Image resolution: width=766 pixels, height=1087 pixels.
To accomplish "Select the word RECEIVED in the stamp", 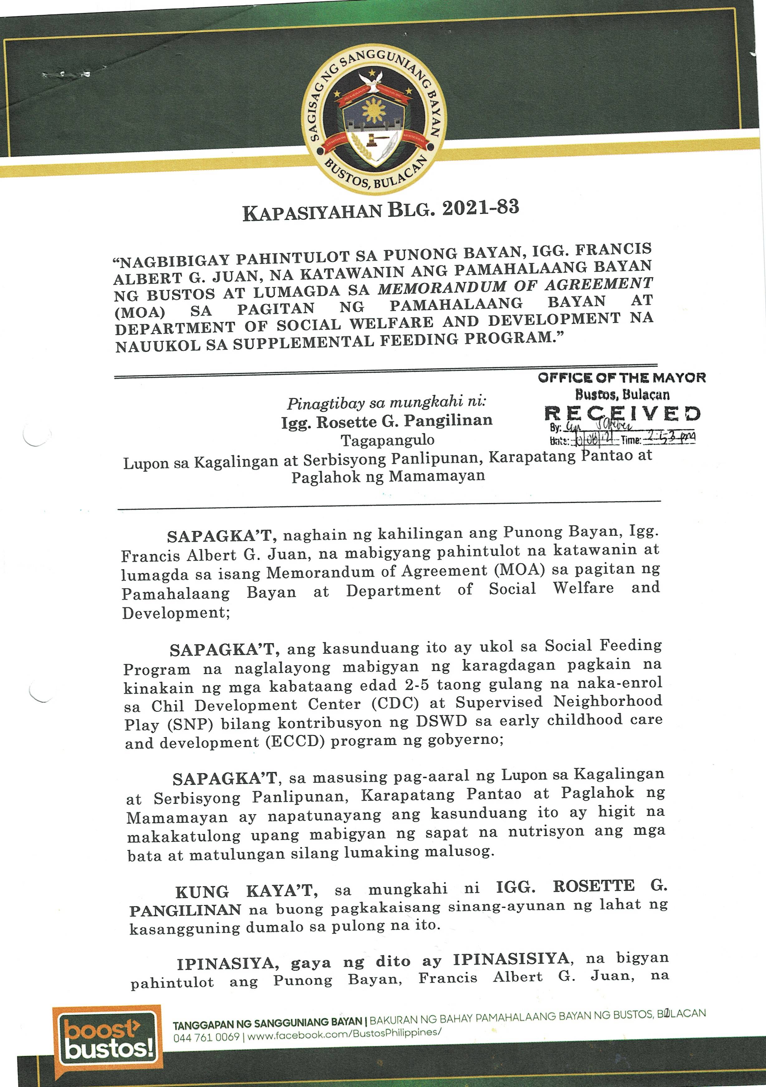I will coord(622,413).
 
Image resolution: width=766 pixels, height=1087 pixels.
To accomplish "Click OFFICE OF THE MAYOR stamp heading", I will coord(622,378).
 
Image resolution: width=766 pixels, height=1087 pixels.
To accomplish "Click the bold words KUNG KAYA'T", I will coord(246,892).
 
